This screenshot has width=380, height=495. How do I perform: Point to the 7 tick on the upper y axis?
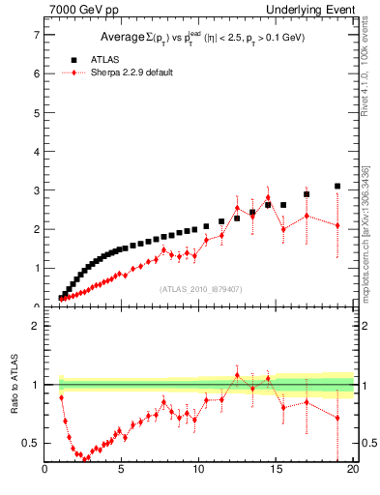pos(37,35)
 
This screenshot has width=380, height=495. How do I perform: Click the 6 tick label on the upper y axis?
pos(37,73)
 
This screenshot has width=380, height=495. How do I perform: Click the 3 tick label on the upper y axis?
pos(37,190)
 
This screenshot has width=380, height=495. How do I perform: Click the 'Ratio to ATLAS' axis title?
pos(15,386)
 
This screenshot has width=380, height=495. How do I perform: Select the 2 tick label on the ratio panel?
pos(37,326)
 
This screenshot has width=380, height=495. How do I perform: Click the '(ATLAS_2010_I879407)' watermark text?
pos(200,288)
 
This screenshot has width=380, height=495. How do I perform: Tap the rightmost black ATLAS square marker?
pos(337,186)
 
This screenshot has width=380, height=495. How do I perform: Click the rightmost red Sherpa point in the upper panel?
pos(337,225)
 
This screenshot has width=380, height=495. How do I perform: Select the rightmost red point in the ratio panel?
pos(337,418)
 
